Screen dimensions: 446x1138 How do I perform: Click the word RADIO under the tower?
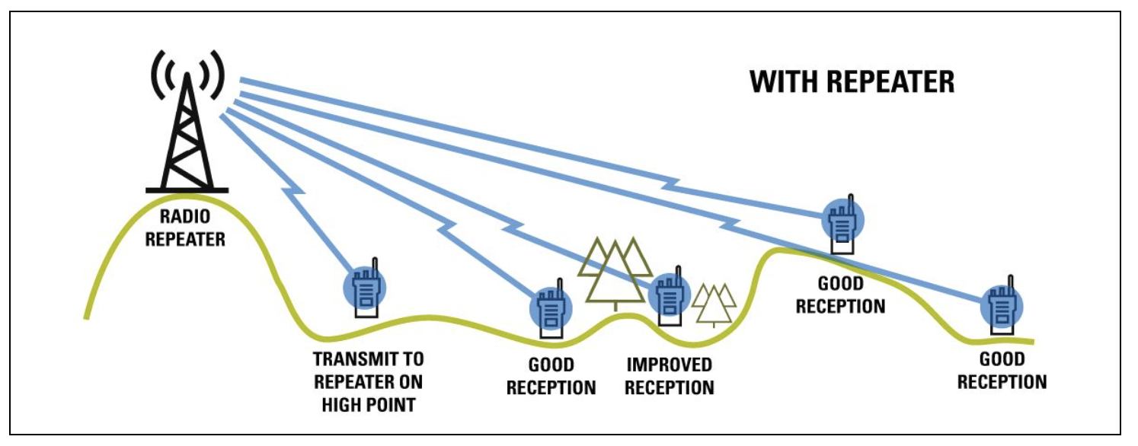185,219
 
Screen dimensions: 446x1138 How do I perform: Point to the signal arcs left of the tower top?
161,77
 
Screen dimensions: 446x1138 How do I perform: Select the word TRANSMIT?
368,358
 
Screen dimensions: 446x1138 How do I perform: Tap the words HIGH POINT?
368,404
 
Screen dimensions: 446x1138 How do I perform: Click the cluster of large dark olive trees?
615,270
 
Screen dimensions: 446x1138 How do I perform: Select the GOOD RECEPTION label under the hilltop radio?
840,295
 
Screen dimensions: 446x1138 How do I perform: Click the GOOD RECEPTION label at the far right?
1002,371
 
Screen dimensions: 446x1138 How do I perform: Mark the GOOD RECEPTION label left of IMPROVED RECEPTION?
551,377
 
